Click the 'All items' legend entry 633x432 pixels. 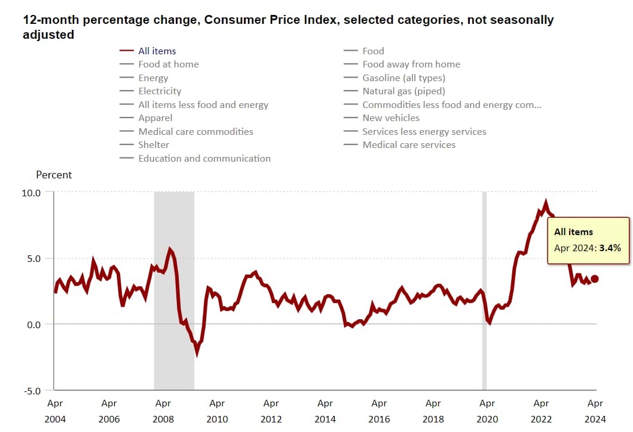coord(157,51)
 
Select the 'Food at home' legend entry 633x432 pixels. coord(168,64)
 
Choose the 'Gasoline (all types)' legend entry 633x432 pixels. coord(403,78)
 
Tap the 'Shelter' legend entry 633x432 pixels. coord(154,145)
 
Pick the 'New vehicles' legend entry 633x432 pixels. coord(391,118)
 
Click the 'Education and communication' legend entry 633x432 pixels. coord(204,159)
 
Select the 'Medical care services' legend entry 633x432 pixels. coord(409,145)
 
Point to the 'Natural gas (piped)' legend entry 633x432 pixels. coord(403,91)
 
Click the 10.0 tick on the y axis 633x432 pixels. coord(32,193)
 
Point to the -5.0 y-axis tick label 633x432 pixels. coord(32,391)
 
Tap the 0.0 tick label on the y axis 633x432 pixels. coord(33,325)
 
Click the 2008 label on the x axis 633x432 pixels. coord(163,419)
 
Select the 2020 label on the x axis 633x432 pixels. coord(487,419)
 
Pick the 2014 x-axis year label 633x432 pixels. coord(325,419)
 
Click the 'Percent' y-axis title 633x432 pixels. coord(54,175)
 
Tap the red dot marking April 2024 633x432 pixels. coord(595,279)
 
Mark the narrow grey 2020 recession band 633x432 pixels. coord(484,286)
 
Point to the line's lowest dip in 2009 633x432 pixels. coord(197,353)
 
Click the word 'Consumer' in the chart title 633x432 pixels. coord(233,20)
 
